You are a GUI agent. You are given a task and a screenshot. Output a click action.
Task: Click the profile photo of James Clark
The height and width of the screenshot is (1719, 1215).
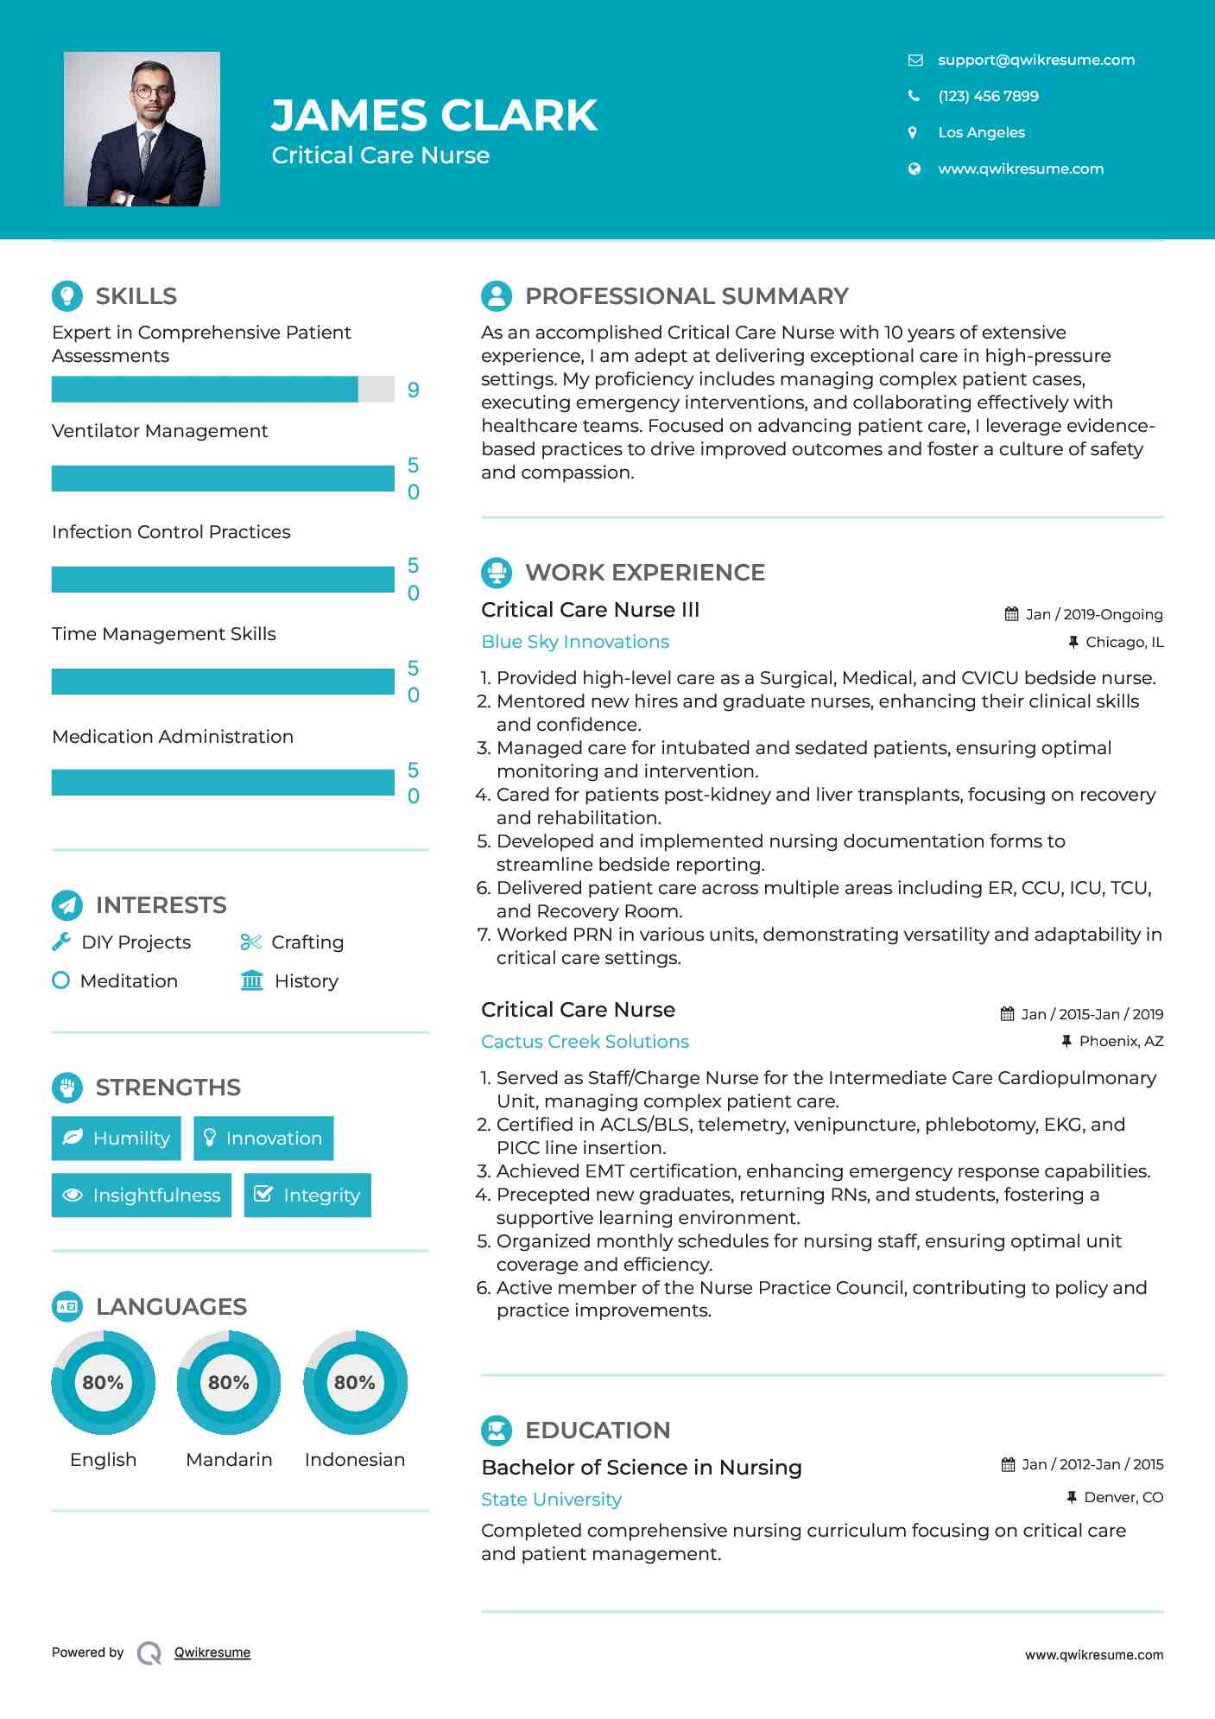[142, 129]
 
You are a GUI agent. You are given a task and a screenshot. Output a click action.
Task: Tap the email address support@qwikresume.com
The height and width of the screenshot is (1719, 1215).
[1035, 60]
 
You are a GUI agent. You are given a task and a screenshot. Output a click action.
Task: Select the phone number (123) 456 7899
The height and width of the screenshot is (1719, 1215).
[988, 96]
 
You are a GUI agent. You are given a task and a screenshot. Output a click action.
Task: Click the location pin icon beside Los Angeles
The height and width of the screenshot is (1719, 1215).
[913, 132]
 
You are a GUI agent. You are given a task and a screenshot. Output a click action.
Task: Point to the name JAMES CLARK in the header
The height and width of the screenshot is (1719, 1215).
[433, 115]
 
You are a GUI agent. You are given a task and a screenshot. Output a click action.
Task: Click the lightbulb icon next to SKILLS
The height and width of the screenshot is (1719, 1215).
[67, 295]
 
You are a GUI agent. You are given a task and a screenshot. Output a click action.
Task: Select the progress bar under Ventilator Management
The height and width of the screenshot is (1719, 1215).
[223, 479]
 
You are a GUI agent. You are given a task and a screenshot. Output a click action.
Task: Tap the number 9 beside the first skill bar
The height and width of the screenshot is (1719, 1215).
[414, 390]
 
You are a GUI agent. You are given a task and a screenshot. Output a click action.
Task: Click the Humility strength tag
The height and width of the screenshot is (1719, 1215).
[117, 1138]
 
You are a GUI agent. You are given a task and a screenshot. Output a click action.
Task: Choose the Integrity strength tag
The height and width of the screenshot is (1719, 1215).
[307, 1195]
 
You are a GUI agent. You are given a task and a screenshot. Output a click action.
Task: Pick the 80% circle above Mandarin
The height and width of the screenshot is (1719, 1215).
[229, 1382]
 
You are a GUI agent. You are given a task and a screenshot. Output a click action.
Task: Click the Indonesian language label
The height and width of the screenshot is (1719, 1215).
[354, 1459]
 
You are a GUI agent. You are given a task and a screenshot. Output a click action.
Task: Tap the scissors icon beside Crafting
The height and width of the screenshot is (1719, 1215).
[250, 942]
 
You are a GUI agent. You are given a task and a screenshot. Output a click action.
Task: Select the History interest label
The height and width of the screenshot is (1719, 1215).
[306, 980]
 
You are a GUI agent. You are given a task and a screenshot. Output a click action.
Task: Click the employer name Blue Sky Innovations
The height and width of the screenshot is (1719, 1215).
[575, 641]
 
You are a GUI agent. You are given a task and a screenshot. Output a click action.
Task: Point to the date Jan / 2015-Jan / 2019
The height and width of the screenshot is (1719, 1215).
[1092, 1014]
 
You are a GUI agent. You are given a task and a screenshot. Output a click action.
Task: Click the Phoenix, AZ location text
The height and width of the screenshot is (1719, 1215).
[1121, 1041]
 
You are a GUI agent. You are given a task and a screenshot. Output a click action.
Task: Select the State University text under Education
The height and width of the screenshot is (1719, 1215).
[551, 1499]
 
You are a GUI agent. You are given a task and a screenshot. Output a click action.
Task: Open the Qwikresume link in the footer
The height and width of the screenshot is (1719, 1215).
[212, 1652]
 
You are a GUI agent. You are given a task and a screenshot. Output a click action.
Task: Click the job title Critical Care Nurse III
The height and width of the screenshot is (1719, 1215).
[590, 609]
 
